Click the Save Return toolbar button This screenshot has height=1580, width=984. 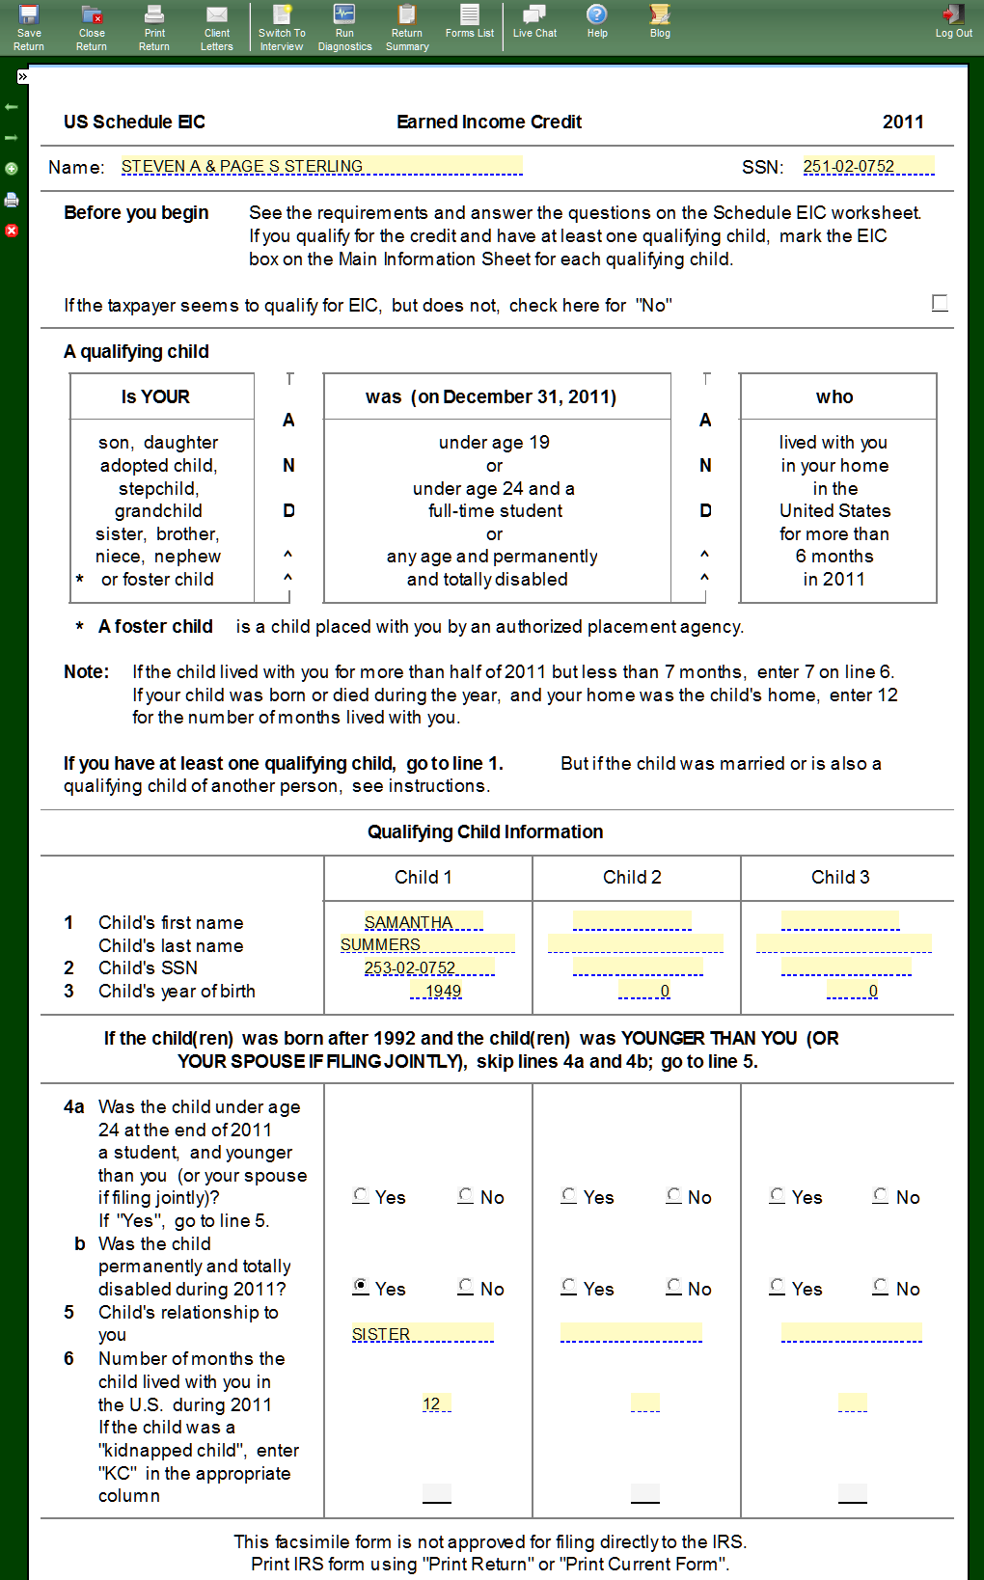coord(29,27)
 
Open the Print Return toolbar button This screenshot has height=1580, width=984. coord(154,27)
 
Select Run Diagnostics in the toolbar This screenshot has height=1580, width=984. coord(344,27)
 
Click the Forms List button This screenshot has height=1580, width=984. coord(470,21)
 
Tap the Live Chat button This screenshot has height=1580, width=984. coord(534,21)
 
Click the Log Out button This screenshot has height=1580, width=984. coord(953,21)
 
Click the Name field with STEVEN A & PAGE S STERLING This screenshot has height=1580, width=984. coord(321,166)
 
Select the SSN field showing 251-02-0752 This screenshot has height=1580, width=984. coord(868,166)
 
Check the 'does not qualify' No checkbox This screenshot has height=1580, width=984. coord(940,304)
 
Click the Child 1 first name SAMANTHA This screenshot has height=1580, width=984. coord(424,922)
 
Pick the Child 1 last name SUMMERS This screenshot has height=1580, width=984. coord(427,944)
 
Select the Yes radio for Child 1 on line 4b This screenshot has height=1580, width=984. coord(361,1286)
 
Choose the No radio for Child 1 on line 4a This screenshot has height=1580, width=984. coord(466,1195)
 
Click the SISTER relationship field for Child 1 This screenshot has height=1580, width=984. coord(423,1333)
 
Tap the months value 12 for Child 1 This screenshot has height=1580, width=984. coord(436,1403)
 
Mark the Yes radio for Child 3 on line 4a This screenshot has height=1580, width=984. coord(778,1195)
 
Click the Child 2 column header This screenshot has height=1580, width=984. coord(632,877)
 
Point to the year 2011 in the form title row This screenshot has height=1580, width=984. coord(903,122)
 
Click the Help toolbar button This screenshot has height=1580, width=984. coord(597,21)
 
